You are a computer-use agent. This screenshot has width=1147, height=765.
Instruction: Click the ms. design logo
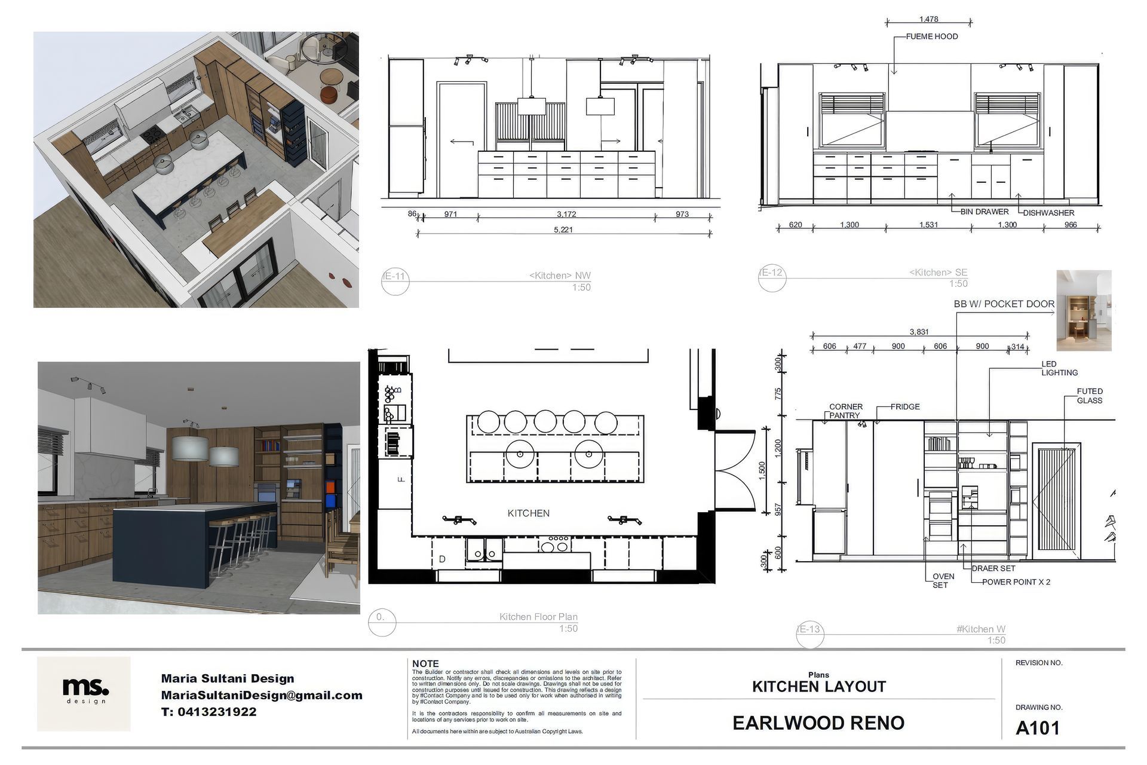[84, 693]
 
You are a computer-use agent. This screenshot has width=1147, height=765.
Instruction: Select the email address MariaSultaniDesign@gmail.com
[262, 695]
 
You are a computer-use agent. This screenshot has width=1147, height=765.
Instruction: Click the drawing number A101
[1038, 728]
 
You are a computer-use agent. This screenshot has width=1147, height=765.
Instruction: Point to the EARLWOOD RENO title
[818, 723]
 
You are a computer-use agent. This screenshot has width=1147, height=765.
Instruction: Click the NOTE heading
[425, 664]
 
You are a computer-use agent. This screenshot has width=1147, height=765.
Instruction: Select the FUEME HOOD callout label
[931, 36]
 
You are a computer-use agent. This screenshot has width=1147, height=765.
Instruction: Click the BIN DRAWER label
[985, 212]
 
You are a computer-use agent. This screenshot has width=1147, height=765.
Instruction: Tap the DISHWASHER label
[1048, 213]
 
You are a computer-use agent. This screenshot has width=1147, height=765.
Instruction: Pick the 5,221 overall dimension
[563, 229]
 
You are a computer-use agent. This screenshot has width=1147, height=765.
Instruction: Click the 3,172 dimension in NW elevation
[566, 214]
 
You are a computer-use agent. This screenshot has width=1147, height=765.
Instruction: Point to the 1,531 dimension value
[928, 225]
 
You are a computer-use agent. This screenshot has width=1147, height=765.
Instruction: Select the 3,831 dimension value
[919, 332]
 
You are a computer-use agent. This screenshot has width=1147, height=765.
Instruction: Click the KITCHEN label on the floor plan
[528, 513]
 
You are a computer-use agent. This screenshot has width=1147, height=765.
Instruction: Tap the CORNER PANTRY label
[845, 411]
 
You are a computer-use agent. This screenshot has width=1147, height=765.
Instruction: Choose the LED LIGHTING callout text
[1059, 368]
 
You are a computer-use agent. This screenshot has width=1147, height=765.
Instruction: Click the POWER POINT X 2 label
[1016, 582]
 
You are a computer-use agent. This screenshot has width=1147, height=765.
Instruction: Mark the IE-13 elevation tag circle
[810, 633]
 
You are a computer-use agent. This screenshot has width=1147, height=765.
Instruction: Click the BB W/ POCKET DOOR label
[1004, 304]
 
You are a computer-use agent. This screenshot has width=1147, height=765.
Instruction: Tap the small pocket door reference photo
[1084, 310]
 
